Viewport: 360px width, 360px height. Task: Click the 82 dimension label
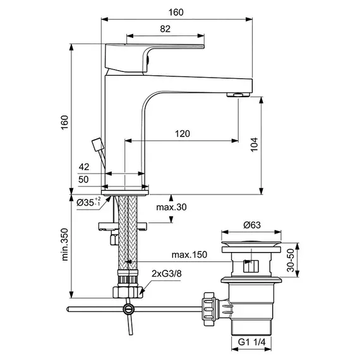165,29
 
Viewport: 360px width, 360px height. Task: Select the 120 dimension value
183,134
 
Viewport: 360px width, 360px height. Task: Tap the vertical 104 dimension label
254,145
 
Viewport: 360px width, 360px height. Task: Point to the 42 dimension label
84,167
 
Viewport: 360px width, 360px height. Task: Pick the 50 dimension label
83,179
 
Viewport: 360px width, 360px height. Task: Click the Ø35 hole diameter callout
88,202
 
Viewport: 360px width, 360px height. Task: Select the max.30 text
171,207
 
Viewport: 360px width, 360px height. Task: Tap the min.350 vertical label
65,244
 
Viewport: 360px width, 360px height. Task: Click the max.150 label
189,255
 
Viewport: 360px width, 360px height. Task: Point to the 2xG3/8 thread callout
167,273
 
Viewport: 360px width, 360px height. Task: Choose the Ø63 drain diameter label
252,225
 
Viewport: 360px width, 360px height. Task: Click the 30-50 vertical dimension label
291,260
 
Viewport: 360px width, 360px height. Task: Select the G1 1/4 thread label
251,342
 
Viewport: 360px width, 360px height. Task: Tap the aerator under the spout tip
238,94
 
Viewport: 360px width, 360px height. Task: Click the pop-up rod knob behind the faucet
97,145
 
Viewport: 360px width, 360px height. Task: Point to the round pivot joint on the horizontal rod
128,309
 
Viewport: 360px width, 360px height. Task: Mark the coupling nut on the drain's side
210,309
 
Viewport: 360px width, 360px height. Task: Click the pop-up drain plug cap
251,243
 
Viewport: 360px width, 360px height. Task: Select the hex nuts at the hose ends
128,292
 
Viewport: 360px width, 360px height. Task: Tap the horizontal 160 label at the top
176,12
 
